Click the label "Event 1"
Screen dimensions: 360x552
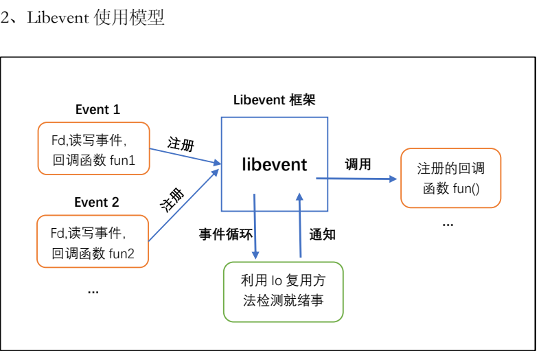(97, 109)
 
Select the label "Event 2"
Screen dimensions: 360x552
(97, 202)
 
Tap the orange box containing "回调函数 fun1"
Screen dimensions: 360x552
(93, 149)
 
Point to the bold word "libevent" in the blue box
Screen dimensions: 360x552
(275, 164)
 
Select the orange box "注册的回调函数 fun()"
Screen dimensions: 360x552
(451, 178)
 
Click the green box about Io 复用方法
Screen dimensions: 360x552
(283, 291)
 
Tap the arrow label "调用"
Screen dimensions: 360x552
(358, 164)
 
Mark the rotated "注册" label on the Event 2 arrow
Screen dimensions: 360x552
(173, 199)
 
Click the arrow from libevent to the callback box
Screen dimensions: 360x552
(356, 179)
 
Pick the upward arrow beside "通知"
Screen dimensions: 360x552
(300, 226)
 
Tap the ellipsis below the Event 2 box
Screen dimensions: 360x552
(93, 291)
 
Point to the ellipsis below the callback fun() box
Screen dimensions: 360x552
(448, 223)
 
